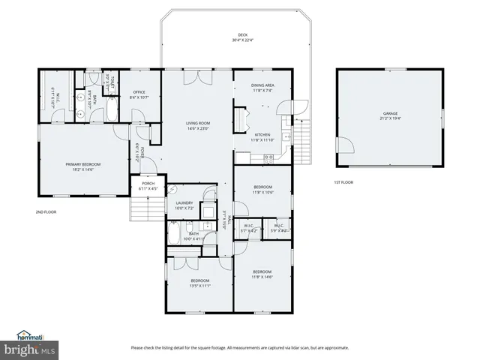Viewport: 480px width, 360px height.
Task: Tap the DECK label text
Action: point(242,35)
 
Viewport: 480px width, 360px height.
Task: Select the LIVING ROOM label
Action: point(197,123)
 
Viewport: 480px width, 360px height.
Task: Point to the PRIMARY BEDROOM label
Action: point(82,164)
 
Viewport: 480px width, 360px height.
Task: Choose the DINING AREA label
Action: point(262,85)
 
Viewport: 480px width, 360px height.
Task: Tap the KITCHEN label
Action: point(262,134)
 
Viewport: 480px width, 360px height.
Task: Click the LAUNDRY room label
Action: point(184,202)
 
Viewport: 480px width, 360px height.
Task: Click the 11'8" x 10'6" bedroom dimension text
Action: point(262,192)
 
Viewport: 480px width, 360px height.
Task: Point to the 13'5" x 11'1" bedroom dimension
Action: point(199,286)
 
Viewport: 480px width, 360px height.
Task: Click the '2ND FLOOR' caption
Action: point(46,212)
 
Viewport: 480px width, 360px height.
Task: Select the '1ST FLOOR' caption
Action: point(343,182)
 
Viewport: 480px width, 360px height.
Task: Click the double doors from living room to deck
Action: point(197,76)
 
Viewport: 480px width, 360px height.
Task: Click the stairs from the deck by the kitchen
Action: point(303,135)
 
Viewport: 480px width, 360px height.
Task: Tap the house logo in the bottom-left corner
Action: point(28,335)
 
